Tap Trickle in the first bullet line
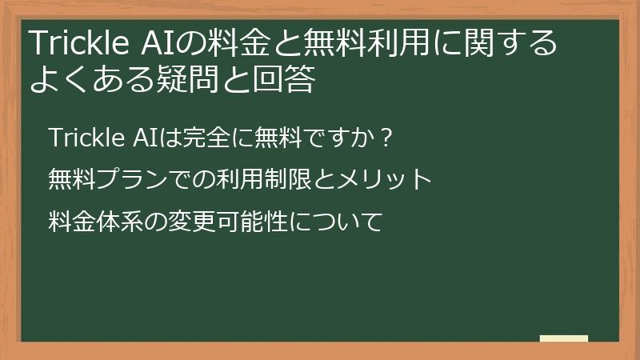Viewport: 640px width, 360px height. click(82, 138)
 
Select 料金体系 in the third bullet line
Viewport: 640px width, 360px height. click(96, 217)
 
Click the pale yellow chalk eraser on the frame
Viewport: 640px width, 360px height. click(563, 339)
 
